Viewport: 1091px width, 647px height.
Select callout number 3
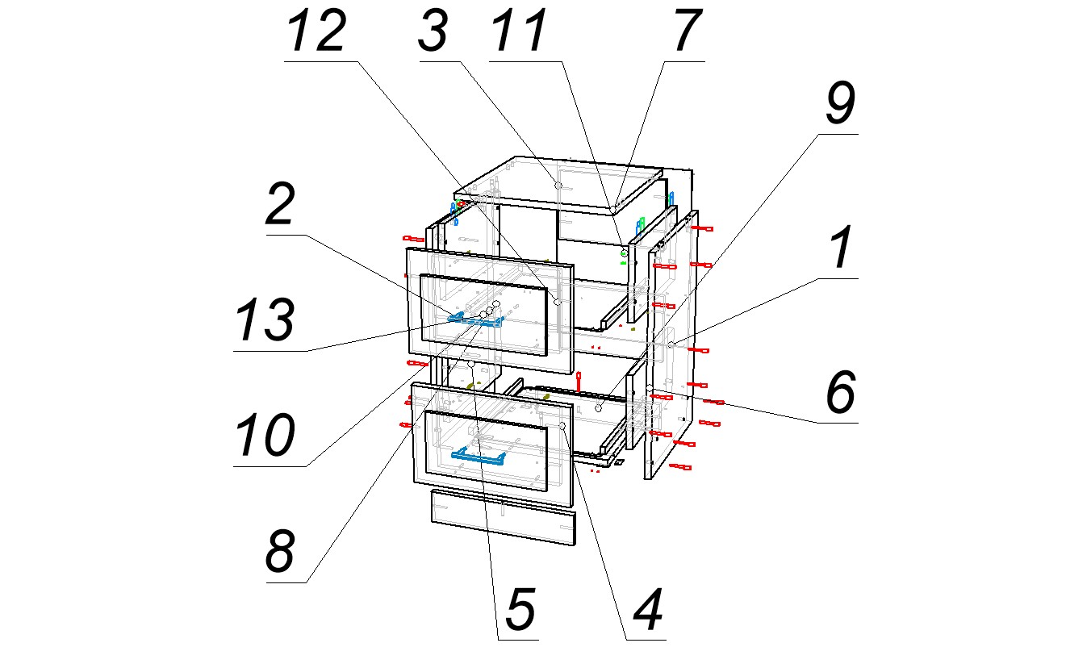point(433,32)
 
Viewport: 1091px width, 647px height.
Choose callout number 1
point(841,248)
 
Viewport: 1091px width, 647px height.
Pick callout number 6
point(839,393)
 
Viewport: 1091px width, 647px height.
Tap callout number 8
point(282,553)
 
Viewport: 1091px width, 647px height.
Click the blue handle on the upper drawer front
point(476,319)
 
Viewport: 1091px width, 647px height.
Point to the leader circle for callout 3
point(558,186)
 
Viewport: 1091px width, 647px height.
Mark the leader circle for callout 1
point(671,344)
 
